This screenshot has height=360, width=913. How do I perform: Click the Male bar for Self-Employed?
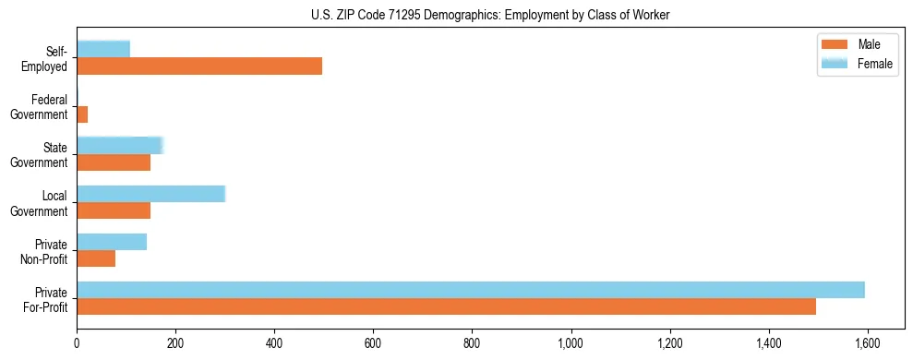coord(199,66)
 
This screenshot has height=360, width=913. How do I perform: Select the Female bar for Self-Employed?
coord(103,49)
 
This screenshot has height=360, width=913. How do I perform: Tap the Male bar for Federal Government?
coord(82,114)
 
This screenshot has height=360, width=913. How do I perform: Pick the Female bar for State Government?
coord(119,145)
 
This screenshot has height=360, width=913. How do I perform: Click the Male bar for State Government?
coord(114,162)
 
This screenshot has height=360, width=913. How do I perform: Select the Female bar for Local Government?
coord(150,193)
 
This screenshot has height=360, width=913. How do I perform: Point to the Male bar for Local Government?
coord(114,210)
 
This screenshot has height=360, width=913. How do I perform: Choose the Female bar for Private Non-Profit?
coord(112,242)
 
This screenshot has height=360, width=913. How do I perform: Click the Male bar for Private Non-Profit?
coord(96,258)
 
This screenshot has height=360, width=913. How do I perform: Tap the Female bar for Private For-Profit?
coord(471,290)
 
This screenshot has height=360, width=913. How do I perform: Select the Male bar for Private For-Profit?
coord(446,306)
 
